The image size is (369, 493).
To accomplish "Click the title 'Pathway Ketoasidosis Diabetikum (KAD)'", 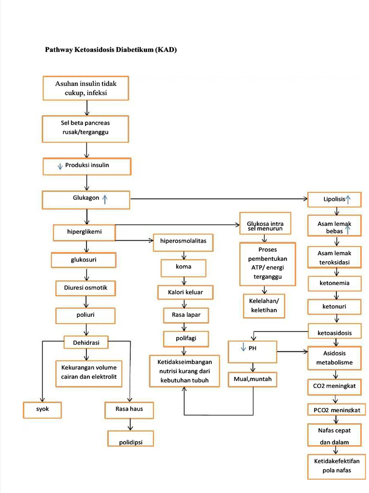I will tap(111, 50).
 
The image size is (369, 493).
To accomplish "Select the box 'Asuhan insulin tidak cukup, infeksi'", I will tap(86, 88).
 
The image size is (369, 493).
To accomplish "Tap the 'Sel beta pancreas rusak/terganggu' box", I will tap(86, 129).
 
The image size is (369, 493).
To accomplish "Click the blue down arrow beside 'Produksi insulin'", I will tap(60, 166).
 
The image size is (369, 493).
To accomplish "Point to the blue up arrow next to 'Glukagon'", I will tap(105, 199).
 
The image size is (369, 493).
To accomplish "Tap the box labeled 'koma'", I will tap(183, 267).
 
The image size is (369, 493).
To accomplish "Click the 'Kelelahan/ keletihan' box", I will tap(264, 306).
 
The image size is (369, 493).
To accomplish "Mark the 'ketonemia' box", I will tap(334, 284).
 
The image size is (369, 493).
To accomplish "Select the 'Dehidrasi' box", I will tap(86, 343).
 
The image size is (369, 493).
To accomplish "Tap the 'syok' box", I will tap(43, 410).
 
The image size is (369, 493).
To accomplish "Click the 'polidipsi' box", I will tap(130, 439).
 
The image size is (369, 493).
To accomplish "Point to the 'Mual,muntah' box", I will tap(252, 380).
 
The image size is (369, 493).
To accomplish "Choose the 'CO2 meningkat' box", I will tap(334, 386).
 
